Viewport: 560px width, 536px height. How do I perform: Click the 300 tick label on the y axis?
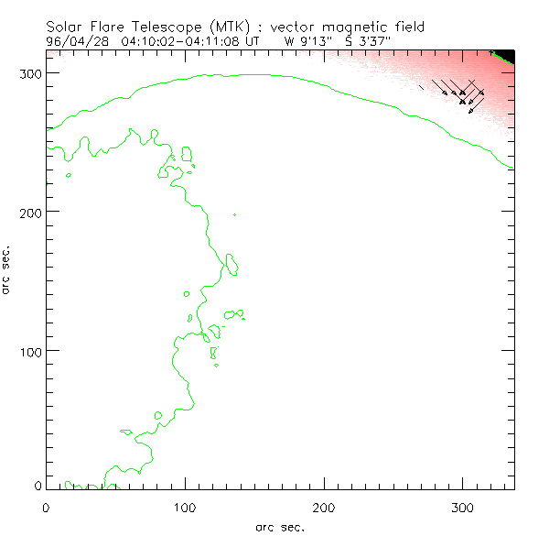29,72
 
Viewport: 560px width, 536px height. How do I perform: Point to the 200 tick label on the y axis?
29,212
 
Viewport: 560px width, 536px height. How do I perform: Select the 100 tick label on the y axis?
29,351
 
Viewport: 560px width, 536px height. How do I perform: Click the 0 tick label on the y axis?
36,487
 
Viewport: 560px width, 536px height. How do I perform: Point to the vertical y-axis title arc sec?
8,269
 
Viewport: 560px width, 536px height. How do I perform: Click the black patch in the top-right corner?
505,55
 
